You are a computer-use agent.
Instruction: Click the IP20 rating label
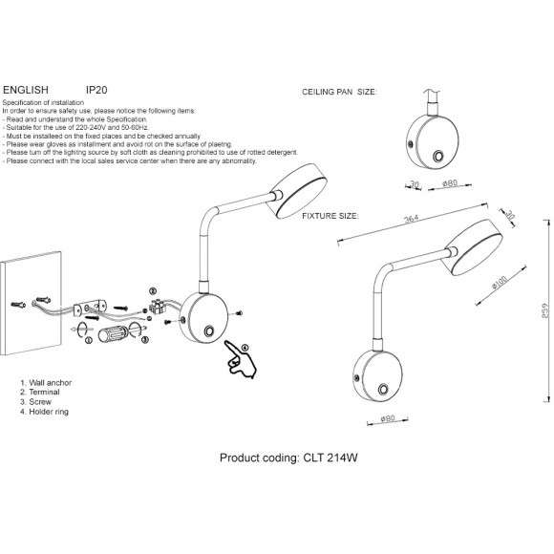pyautogui.click(x=96, y=90)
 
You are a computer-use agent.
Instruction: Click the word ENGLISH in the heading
pyautogui.click(x=26, y=90)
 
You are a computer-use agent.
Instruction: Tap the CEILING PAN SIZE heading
pyautogui.click(x=339, y=92)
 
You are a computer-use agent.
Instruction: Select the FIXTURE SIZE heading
pyautogui.click(x=330, y=216)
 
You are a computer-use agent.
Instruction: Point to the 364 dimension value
pyautogui.click(x=412, y=219)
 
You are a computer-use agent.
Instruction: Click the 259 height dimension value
pyautogui.click(x=545, y=310)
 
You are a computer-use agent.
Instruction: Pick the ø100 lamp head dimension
pyautogui.click(x=500, y=282)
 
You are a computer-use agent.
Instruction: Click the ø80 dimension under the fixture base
pyautogui.click(x=388, y=418)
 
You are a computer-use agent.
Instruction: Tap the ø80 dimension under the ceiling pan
pyautogui.click(x=450, y=183)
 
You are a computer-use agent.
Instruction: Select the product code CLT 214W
pyautogui.click(x=330, y=458)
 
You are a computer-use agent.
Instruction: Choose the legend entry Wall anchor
pyautogui.click(x=51, y=383)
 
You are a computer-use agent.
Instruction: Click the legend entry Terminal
pyautogui.click(x=44, y=393)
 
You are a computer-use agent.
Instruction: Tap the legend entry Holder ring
pyautogui.click(x=49, y=412)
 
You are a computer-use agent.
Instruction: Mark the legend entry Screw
pyautogui.click(x=40, y=402)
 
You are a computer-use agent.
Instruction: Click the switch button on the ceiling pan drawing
pyautogui.click(x=438, y=156)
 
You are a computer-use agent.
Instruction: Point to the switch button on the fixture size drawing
pyautogui.click(x=383, y=390)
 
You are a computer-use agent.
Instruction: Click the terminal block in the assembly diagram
pyautogui.click(x=157, y=306)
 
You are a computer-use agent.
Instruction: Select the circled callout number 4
pyautogui.click(x=245, y=348)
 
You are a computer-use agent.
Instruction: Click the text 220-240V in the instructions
pyautogui.click(x=91, y=128)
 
